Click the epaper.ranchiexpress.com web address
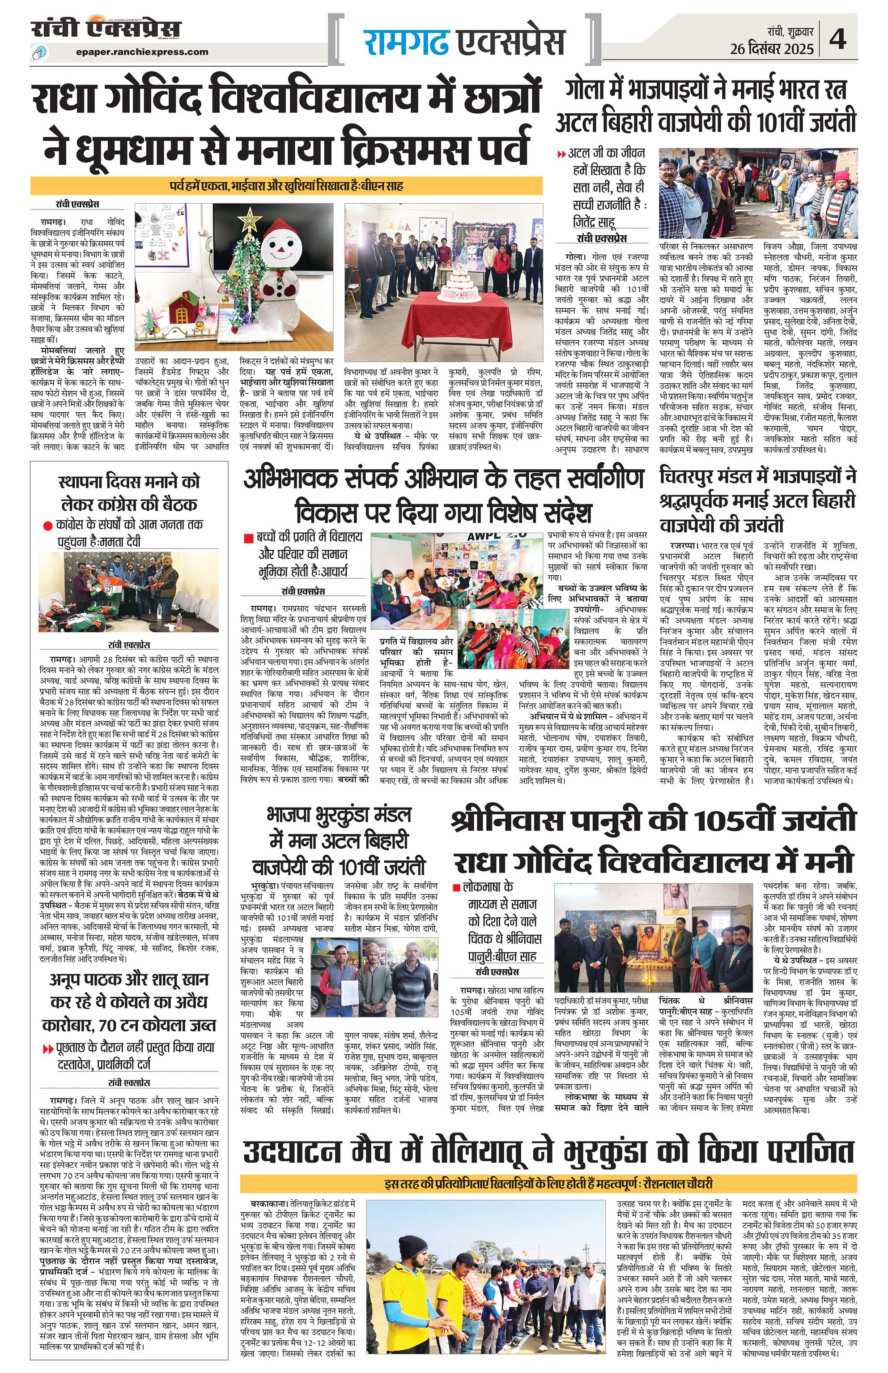click(142, 51)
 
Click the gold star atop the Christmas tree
click(250, 218)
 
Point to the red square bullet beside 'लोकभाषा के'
click(456, 887)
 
